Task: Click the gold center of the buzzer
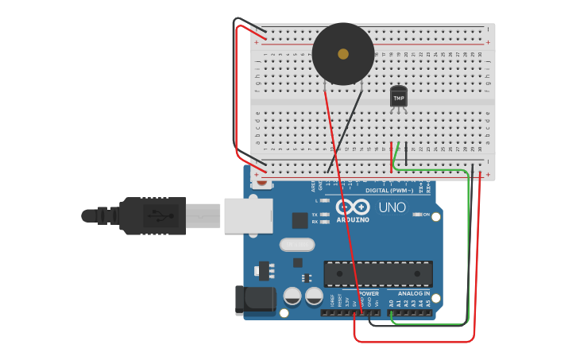tap(343, 54)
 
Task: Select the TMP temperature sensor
tap(399, 97)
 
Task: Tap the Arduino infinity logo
tap(353, 207)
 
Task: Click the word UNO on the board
tap(392, 207)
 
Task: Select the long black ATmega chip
tap(378, 273)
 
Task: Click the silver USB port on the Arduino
tap(248, 215)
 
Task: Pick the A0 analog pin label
tap(391, 303)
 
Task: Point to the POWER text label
tap(368, 293)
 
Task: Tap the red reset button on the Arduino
tap(262, 181)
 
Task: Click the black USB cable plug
tap(151, 215)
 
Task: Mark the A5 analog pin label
tap(428, 303)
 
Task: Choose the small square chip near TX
tap(300, 220)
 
